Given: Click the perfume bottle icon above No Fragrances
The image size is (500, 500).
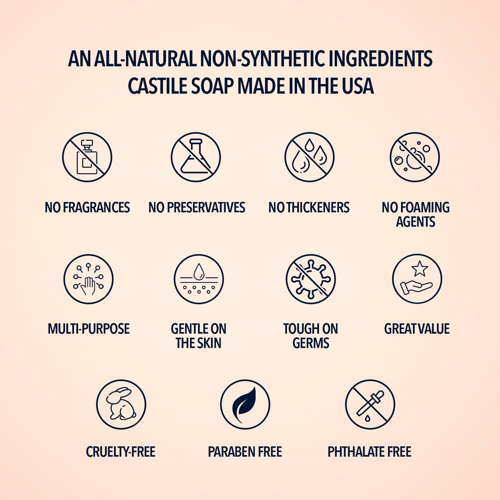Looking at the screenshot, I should pyautogui.click(x=87, y=157).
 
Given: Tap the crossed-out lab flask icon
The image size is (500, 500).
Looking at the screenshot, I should pyautogui.click(x=195, y=157).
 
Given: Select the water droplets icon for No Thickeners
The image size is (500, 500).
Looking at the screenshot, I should pyautogui.click(x=310, y=157).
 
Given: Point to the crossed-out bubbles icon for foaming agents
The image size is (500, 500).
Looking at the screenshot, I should pyautogui.click(x=415, y=157).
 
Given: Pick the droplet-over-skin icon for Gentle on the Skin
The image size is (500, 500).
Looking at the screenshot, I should pyautogui.click(x=199, y=279).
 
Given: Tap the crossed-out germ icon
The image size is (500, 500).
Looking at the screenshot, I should pyautogui.click(x=310, y=279).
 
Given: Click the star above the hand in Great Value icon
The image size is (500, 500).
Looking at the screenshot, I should pyautogui.click(x=419, y=269).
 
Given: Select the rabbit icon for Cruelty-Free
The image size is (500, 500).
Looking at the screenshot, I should pyautogui.click(x=121, y=404).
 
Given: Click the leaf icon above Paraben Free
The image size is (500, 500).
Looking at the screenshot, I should pyautogui.click(x=245, y=404).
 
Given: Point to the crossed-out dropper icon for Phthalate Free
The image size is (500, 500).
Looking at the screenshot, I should pyautogui.click(x=370, y=404).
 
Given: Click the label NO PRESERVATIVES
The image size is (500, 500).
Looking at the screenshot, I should pyautogui.click(x=196, y=208).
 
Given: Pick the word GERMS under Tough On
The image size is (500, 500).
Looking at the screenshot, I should pyautogui.click(x=310, y=343).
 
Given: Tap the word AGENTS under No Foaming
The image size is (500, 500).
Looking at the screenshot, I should pyautogui.click(x=415, y=222).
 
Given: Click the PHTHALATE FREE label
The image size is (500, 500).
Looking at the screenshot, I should pyautogui.click(x=369, y=452).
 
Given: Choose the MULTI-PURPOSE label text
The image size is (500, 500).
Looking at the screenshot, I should pyautogui.click(x=89, y=329).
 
